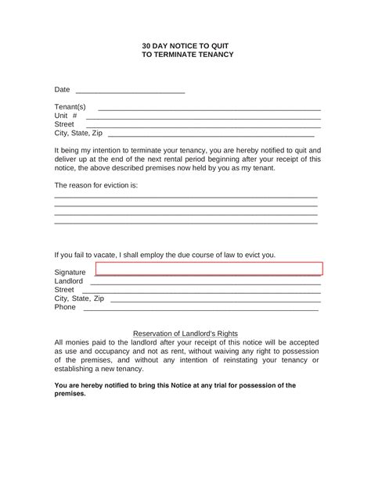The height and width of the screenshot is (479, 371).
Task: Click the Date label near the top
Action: (62, 91)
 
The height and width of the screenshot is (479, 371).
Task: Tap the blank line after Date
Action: (130, 92)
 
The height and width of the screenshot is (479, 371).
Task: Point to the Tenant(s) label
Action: (70, 106)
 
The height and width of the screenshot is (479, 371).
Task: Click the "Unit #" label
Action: (66, 116)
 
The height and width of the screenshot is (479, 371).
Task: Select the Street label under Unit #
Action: (64, 124)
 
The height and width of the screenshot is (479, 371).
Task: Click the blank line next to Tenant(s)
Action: (208, 108)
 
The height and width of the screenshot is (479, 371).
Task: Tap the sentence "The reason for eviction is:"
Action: (95, 185)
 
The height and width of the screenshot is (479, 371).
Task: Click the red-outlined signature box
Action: (208, 269)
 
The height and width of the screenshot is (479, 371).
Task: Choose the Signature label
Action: (70, 272)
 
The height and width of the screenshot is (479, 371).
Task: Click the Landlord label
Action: (68, 281)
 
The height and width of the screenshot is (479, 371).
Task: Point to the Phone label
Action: (65, 307)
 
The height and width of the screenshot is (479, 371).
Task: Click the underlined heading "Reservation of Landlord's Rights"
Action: (185, 333)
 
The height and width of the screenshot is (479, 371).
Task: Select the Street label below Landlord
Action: (64, 289)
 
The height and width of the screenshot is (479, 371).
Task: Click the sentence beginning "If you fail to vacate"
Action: (164, 254)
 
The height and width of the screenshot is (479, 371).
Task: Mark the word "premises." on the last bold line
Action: (70, 394)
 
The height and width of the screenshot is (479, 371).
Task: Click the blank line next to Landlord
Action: (205, 282)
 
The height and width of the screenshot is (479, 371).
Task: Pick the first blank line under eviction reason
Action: (185, 196)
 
